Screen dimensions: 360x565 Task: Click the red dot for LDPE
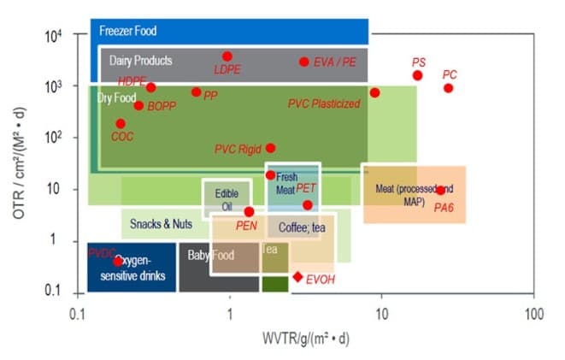point(227,56)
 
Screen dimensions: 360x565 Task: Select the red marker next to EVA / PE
point(303,62)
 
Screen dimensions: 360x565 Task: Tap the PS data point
point(417,75)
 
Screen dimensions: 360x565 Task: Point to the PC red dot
point(448,88)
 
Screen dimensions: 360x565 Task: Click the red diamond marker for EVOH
point(297,276)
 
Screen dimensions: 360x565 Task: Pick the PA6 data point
point(440,191)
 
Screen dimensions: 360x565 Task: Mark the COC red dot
point(121,123)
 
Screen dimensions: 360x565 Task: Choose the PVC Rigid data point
point(271,148)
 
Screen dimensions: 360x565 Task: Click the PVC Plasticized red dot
point(374,92)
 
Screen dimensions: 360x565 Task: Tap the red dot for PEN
point(249,211)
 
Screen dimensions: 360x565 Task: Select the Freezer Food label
point(128,31)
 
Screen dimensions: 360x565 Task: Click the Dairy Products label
point(141,61)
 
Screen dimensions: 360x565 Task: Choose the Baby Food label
point(210,254)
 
